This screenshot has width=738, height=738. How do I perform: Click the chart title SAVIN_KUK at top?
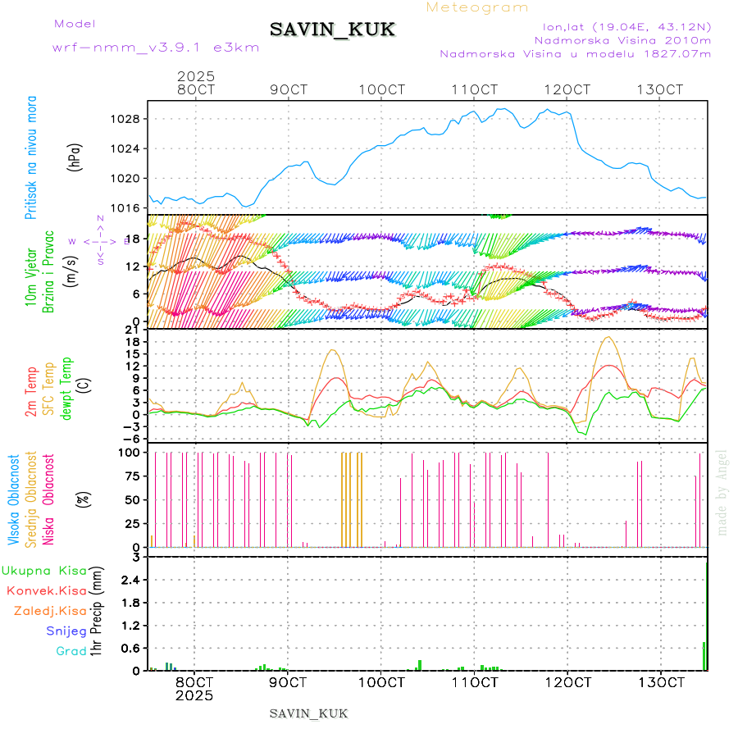(x=332, y=30)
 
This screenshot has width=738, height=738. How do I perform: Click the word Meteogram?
(x=477, y=7)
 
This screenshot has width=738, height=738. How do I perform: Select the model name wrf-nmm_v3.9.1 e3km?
(x=155, y=48)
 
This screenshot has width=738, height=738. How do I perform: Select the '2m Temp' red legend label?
(x=31, y=393)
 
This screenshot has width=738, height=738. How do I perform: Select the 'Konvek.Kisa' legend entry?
(x=46, y=590)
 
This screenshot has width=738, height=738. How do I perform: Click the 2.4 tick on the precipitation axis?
(x=130, y=580)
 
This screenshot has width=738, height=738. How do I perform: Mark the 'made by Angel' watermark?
(x=722, y=492)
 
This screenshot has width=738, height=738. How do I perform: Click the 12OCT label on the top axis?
(x=568, y=89)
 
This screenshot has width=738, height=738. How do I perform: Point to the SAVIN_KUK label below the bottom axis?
(x=308, y=713)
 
